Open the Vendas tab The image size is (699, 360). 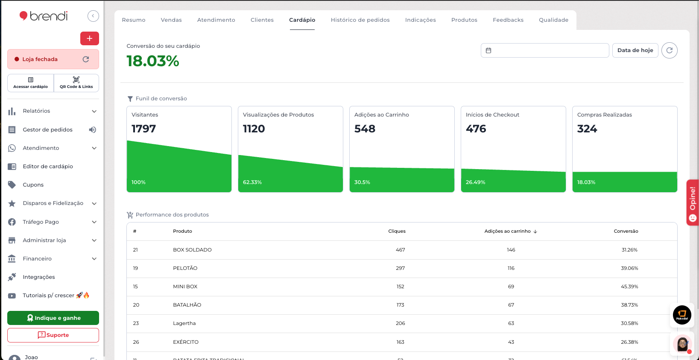pyautogui.click(x=171, y=20)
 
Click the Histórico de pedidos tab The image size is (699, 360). pyautogui.click(x=360, y=20)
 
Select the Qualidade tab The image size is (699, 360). pyautogui.click(x=553, y=20)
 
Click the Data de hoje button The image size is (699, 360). pyautogui.click(x=635, y=50)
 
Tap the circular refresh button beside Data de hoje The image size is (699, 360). pyautogui.click(x=669, y=50)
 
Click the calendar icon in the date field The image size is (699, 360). pyautogui.click(x=488, y=50)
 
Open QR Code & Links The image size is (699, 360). pyautogui.click(x=76, y=83)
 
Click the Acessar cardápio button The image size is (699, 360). pyautogui.click(x=31, y=83)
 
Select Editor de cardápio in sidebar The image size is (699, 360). pyautogui.click(x=48, y=167)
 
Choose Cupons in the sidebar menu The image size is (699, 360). pyautogui.click(x=33, y=185)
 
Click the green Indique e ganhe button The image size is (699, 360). pyautogui.click(x=53, y=318)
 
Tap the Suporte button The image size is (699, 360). pyautogui.click(x=53, y=335)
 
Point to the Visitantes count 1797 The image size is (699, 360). pyautogui.click(x=144, y=129)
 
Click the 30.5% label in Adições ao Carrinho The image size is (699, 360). pyautogui.click(x=362, y=182)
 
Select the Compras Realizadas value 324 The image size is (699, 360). pyautogui.click(x=587, y=129)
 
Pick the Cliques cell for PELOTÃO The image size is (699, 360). pyautogui.click(x=400, y=268)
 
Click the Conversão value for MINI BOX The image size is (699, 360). pyautogui.click(x=629, y=287)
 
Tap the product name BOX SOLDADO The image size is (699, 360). pyautogui.click(x=192, y=250)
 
